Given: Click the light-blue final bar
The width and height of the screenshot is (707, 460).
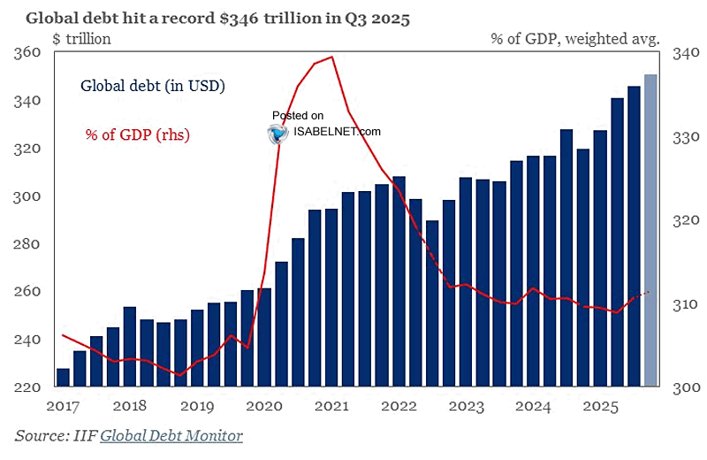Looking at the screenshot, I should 650,230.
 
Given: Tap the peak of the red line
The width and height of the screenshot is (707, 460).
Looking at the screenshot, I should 331,57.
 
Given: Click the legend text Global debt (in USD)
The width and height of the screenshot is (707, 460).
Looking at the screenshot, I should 153,87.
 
